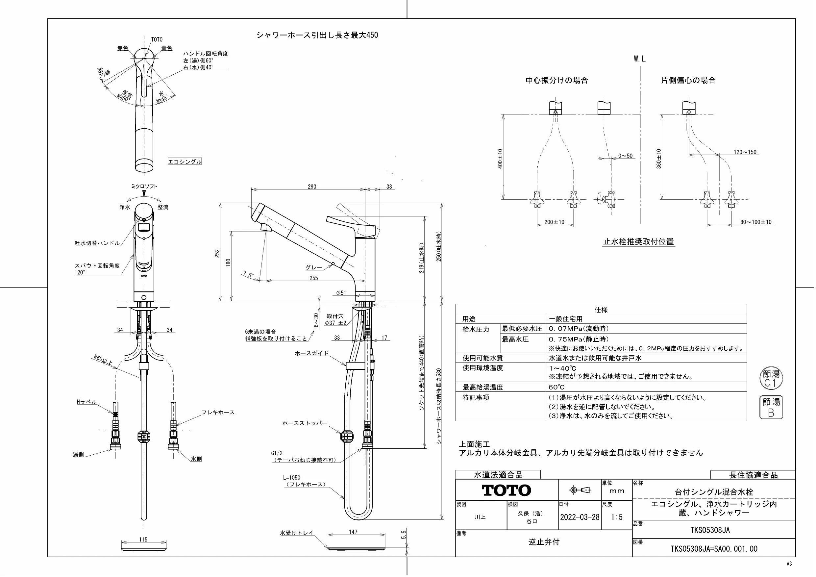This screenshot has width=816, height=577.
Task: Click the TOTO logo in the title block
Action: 506,490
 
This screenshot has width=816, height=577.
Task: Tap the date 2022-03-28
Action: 580,517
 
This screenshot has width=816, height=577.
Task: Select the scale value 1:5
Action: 617,517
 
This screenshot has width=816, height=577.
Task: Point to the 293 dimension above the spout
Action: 312,187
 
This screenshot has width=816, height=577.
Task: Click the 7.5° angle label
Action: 248,274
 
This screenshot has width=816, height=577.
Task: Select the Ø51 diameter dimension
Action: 341,293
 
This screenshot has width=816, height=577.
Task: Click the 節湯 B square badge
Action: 771,407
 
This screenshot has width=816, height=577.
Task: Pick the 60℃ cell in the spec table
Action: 556,387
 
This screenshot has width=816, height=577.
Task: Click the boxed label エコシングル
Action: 185,162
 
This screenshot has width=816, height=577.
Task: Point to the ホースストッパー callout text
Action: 305,423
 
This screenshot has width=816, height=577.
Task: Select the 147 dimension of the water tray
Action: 353,532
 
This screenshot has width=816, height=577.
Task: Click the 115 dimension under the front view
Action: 143,539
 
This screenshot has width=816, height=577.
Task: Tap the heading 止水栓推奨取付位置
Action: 638,242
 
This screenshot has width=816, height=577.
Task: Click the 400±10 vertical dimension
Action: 500,159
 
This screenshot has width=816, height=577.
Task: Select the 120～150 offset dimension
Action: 745,152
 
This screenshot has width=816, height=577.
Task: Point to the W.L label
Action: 639,59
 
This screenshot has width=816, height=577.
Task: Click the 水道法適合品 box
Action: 498,475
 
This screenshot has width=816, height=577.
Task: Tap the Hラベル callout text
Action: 87,402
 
